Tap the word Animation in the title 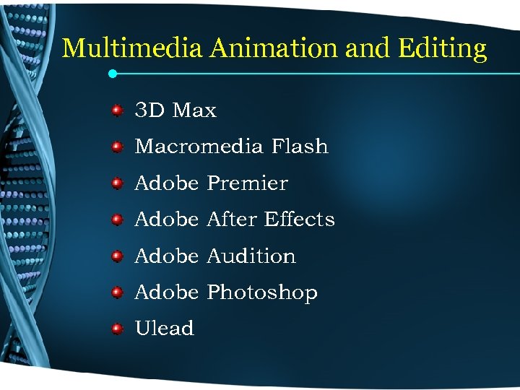(274, 48)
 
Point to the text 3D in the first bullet (149, 110)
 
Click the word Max (194, 110)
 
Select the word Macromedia (199, 147)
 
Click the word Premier (247, 183)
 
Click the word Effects (300, 220)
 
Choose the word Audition (251, 256)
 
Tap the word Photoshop (262, 293)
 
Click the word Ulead (165, 329)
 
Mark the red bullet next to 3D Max (116, 110)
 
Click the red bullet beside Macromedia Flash (116, 147)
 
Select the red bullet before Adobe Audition (116, 256)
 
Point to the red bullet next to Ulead (116, 329)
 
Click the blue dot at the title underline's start (112, 73)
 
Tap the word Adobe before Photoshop (166, 292)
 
